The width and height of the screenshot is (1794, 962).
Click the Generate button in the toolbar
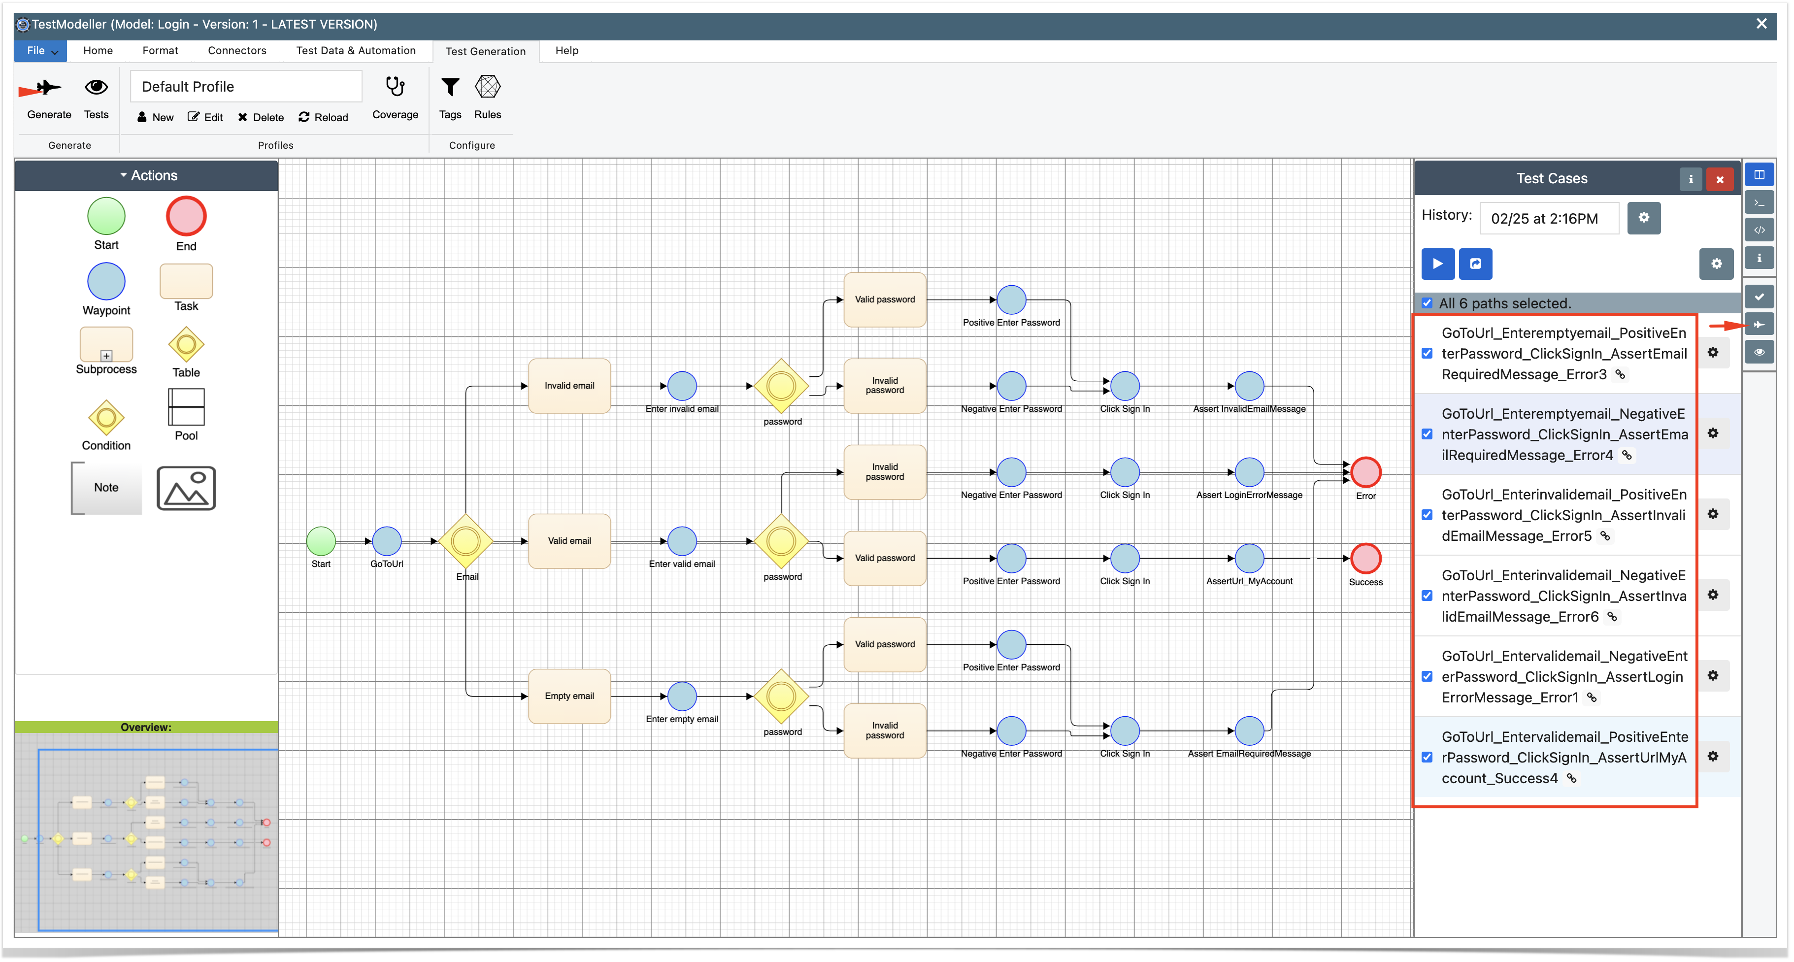48,98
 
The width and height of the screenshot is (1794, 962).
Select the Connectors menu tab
237,51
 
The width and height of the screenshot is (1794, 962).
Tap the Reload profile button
323,117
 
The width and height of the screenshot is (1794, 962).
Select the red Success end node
1366,558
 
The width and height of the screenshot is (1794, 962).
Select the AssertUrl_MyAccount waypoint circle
1249,558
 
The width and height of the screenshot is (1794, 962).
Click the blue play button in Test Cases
1437,264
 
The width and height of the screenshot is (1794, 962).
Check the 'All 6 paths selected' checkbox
1427,303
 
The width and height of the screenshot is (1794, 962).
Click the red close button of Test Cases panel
1720,179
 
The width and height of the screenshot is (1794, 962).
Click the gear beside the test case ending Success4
1713,757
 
